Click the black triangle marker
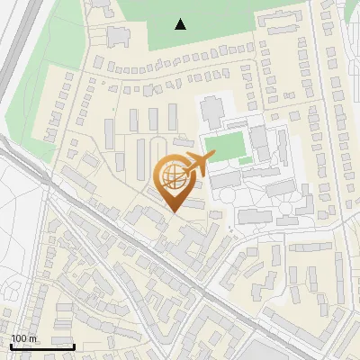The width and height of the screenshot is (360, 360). click(x=181, y=24)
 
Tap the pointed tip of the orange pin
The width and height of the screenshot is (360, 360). click(x=173, y=212)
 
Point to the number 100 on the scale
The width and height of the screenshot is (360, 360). click(x=21, y=339)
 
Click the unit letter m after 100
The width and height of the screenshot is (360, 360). click(x=34, y=339)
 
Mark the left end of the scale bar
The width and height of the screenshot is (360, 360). click(x=10, y=346)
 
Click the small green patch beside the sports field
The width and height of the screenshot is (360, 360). click(x=245, y=159)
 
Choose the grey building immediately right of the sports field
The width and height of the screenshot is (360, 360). click(x=258, y=141)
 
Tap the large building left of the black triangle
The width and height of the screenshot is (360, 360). click(x=119, y=36)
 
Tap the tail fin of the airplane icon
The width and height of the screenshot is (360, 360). click(x=211, y=157)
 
